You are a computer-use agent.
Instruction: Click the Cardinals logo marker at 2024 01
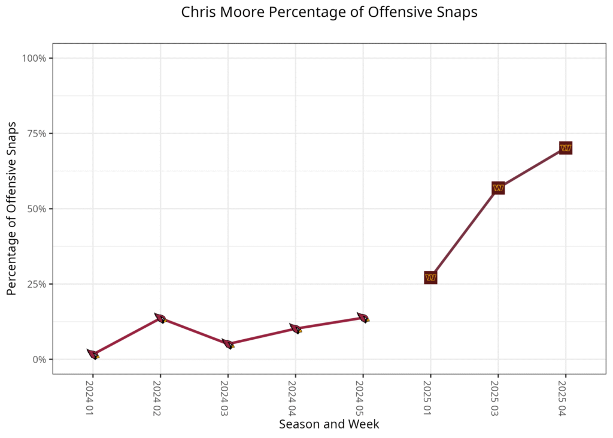[93, 354]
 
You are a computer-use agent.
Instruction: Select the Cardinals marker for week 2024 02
[160, 318]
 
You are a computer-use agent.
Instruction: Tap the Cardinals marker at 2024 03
[227, 344]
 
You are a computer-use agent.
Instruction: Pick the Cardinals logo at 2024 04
[295, 328]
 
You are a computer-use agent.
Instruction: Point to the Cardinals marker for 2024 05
[363, 318]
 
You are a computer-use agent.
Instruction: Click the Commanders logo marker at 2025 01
[430, 277]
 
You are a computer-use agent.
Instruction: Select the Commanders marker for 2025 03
[498, 188]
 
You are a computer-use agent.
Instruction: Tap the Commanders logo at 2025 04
[566, 148]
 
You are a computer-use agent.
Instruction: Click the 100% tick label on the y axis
[34, 58]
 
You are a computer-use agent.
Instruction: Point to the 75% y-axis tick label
[37, 134]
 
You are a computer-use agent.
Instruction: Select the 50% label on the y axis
[37, 209]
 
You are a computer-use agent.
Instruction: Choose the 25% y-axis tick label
[37, 284]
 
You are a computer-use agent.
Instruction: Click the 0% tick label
[39, 360]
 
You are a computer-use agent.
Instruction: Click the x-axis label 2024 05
[362, 398]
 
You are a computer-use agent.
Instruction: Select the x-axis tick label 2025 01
[430, 398]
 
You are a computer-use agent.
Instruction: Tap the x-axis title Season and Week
[329, 424]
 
